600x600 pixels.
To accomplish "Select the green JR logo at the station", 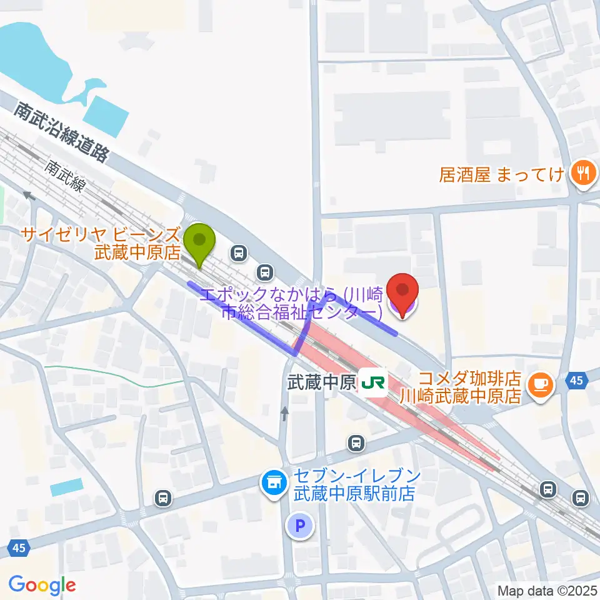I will click(x=372, y=382).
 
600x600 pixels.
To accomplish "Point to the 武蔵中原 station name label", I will click(x=321, y=382).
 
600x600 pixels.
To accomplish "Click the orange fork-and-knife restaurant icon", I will click(x=583, y=173).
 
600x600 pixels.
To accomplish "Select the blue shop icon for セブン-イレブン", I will click(x=274, y=482).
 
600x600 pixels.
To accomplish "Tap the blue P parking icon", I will click(x=299, y=526).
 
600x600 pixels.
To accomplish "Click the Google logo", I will click(x=42, y=585).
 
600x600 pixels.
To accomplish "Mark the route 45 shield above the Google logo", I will click(x=19, y=548).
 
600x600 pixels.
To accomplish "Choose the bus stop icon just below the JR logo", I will click(x=356, y=443).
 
